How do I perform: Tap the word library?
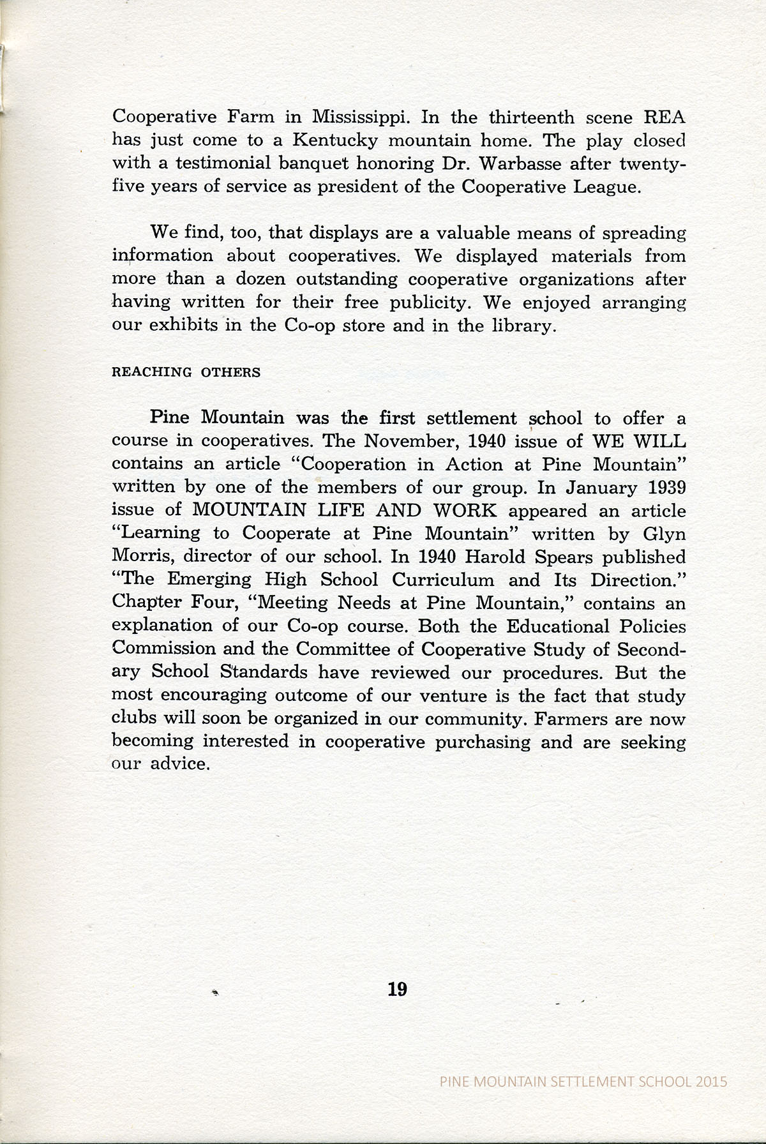(512, 326)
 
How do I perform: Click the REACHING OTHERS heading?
(186, 372)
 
